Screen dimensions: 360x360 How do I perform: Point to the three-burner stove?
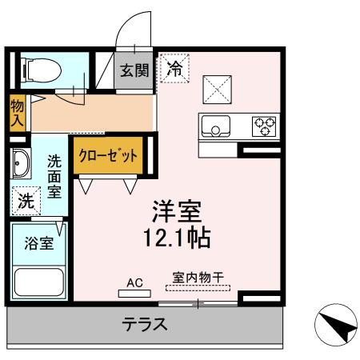pyautogui.click(x=265, y=126)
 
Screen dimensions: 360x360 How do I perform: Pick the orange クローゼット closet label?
pyautogui.click(x=111, y=156)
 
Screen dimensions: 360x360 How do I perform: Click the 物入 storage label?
pyautogui.click(x=17, y=112)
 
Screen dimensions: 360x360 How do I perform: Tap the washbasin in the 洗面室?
pyautogui.click(x=19, y=165)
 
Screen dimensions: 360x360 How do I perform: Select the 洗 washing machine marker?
pyautogui.click(x=26, y=200)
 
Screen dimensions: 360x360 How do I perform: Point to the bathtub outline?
pyautogui.click(x=39, y=282)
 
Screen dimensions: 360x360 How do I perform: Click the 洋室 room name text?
pyautogui.click(x=178, y=212)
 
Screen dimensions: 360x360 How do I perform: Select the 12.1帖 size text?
pyautogui.click(x=178, y=238)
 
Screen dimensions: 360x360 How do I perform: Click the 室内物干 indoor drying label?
pyautogui.click(x=198, y=279)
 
